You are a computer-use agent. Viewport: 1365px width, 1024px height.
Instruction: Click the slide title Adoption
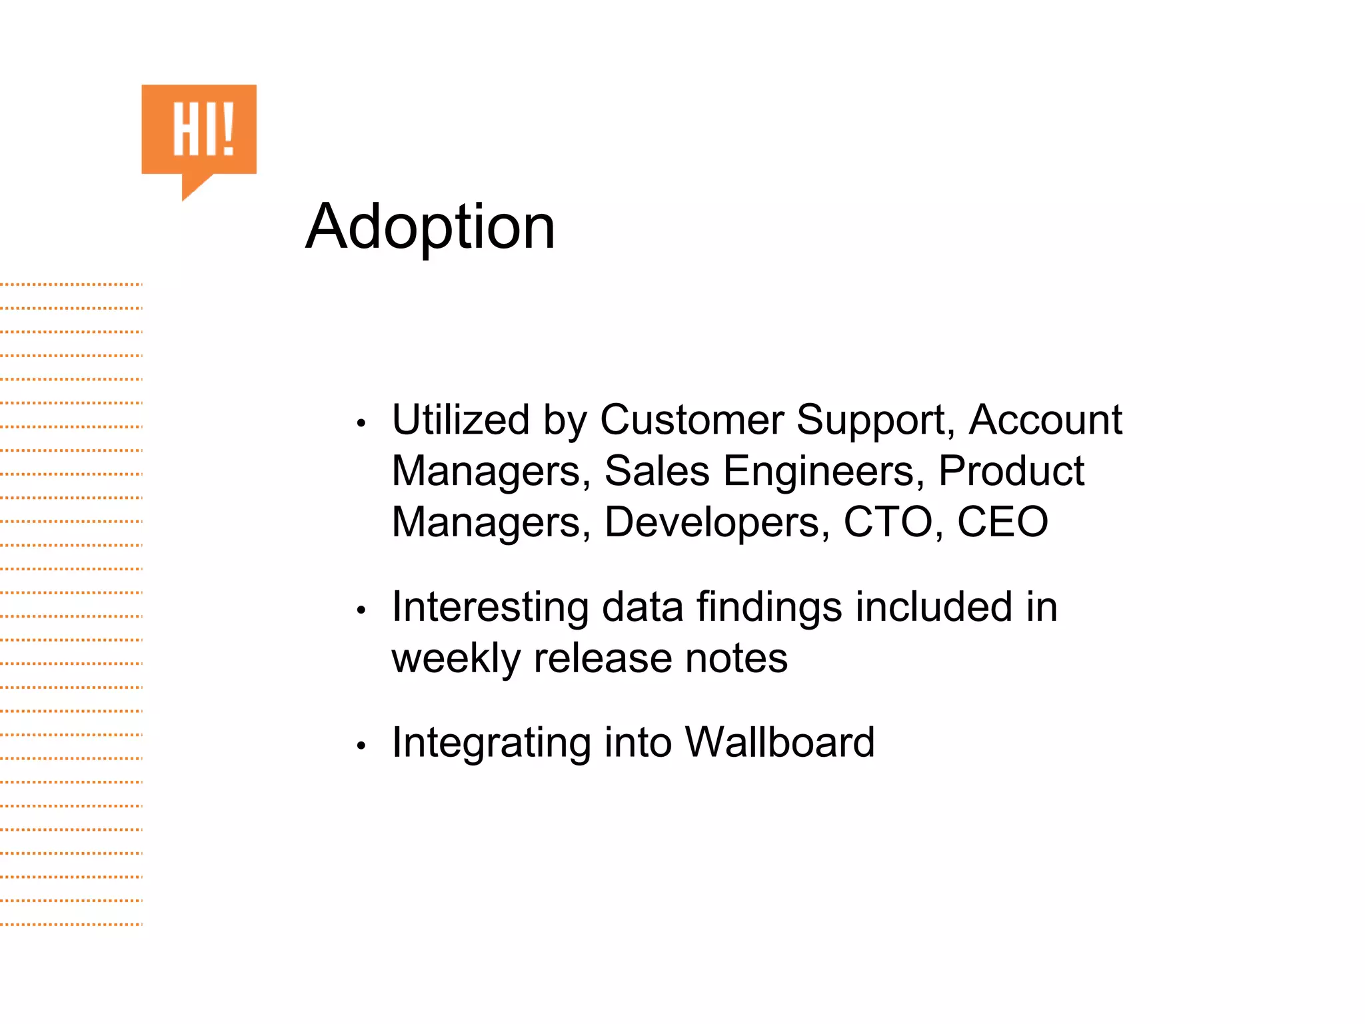point(430,228)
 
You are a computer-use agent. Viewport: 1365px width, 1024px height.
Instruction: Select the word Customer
point(691,420)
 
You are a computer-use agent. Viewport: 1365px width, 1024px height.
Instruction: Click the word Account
point(1045,420)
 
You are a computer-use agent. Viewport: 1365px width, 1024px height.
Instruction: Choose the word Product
point(1011,471)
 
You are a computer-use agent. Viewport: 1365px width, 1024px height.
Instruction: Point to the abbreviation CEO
point(1002,522)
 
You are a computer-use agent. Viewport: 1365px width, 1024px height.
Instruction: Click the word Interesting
point(490,608)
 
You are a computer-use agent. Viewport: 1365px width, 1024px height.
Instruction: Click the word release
point(602,659)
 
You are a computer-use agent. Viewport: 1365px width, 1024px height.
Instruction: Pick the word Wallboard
point(779,742)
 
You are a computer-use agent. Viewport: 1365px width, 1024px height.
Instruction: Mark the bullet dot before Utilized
point(361,423)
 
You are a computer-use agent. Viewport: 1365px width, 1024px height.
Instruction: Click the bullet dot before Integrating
point(361,746)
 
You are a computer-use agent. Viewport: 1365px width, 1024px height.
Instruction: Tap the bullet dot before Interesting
point(361,610)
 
